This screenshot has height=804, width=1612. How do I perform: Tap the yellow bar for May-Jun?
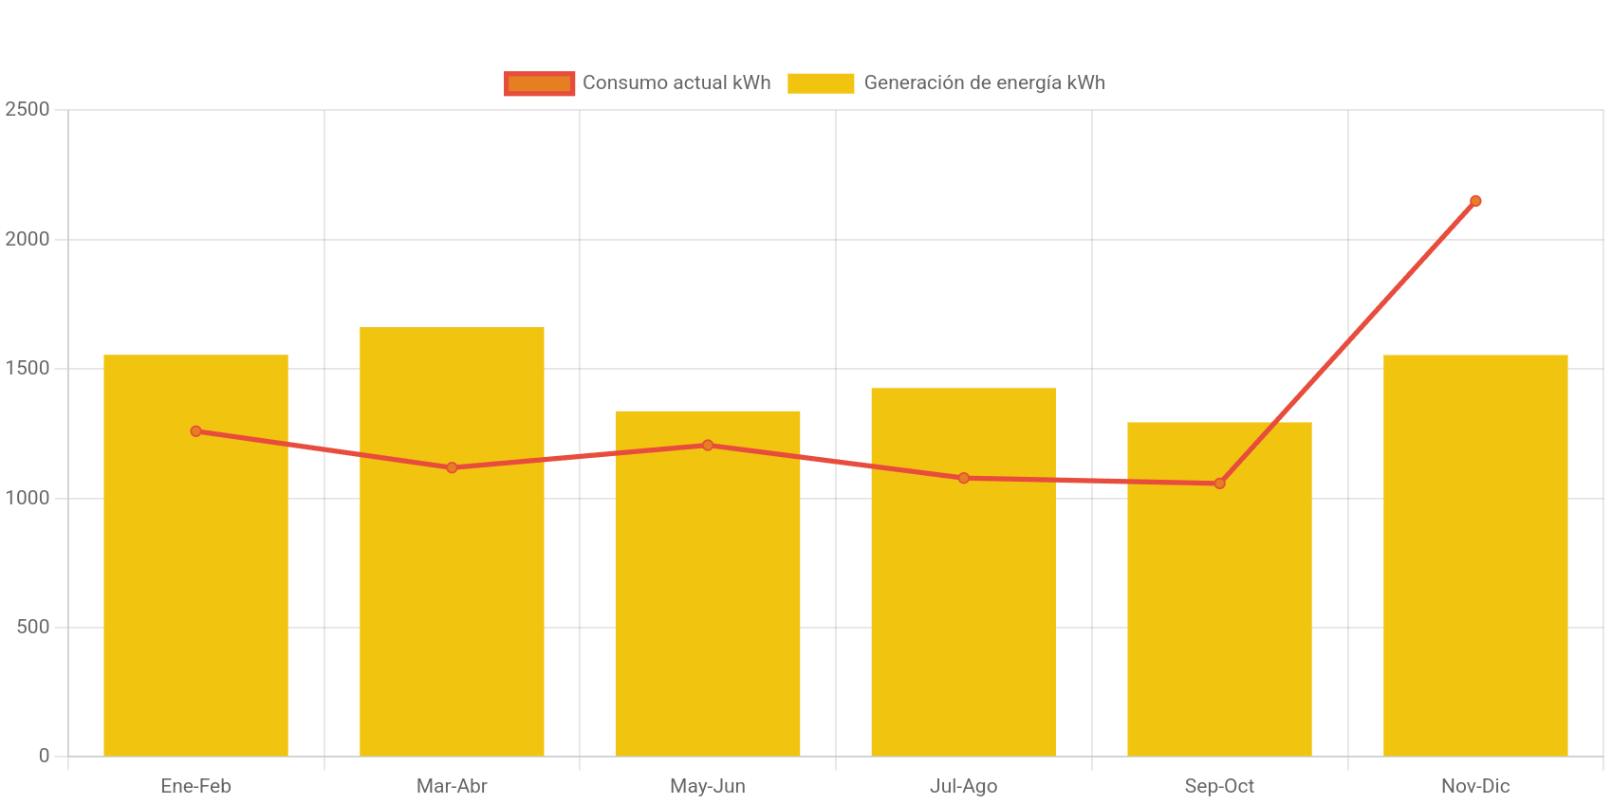click(708, 607)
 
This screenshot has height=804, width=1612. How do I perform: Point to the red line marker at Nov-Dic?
click(1475, 201)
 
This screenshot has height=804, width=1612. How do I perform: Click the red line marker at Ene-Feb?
click(195, 431)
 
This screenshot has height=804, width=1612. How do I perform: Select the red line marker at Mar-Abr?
click(452, 467)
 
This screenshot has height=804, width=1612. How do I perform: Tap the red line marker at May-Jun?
click(708, 445)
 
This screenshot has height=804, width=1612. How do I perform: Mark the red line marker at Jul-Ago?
click(963, 478)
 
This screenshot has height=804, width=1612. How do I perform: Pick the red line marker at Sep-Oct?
click(1219, 484)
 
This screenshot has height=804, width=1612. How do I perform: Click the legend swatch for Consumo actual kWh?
click(539, 83)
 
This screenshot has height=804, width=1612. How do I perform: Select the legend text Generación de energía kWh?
click(984, 83)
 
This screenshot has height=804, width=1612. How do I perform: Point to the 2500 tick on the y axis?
click(28, 109)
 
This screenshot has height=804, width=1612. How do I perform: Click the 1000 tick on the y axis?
click(28, 498)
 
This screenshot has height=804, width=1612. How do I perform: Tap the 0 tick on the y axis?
click(44, 756)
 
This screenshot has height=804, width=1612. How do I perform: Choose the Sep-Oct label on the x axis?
click(1219, 786)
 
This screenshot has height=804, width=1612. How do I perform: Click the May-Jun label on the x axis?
click(708, 786)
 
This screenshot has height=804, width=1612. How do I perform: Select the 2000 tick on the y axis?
click(28, 239)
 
